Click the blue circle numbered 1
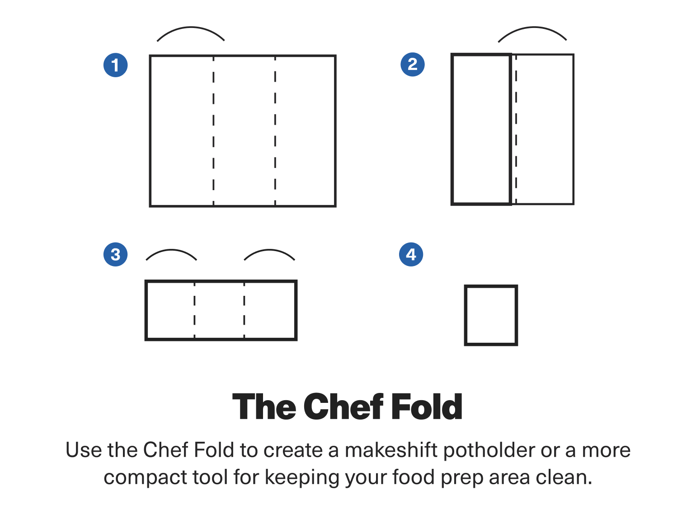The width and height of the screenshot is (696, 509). click(x=116, y=65)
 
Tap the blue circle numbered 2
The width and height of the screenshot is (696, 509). click(x=413, y=65)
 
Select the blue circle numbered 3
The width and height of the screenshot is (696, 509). click(x=116, y=255)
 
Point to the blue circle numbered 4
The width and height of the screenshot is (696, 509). click(x=411, y=255)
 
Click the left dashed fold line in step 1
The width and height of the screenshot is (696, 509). click(x=213, y=131)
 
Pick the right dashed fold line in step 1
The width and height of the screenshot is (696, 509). click(x=275, y=131)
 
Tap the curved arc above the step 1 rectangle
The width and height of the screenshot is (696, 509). click(x=191, y=28)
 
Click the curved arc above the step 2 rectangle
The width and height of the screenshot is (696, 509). click(x=532, y=28)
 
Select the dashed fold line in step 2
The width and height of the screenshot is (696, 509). click(x=516, y=131)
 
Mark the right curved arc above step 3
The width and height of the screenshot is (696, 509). click(x=269, y=251)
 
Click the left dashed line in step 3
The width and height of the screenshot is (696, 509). click(x=194, y=310)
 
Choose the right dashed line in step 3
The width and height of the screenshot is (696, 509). click(x=244, y=310)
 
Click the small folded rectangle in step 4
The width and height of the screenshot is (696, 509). click(x=491, y=315)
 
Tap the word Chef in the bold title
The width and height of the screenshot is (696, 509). click(x=343, y=407)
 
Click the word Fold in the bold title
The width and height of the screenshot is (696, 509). click(x=426, y=407)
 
